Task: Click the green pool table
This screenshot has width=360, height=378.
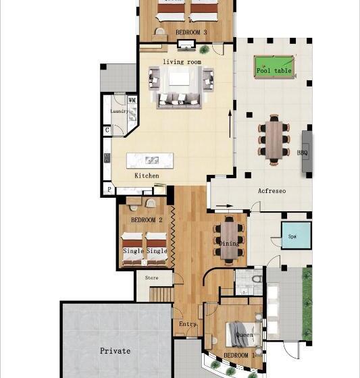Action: coord(274,67)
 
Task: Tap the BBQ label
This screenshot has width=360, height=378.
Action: coord(303,153)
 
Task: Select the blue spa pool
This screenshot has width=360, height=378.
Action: coord(296,236)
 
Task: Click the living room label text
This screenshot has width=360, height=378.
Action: coord(182,62)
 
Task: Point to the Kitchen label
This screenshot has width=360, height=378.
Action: coord(147,175)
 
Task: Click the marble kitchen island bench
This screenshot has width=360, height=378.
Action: coord(150,161)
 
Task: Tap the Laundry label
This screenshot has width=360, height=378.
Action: coord(119,111)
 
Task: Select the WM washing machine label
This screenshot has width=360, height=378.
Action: coord(132,100)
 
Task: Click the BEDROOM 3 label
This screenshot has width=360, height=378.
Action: coord(191,32)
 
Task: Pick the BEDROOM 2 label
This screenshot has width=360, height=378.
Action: coord(147,220)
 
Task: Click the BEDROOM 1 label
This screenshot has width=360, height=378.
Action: coord(239,355)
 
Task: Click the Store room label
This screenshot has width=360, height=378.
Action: coord(151,277)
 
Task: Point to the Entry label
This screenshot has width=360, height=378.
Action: coord(187,324)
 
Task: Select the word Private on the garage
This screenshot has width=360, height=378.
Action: coord(115,351)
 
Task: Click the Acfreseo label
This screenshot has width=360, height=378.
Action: coord(272,191)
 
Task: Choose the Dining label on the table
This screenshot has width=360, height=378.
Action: coord(229,244)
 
